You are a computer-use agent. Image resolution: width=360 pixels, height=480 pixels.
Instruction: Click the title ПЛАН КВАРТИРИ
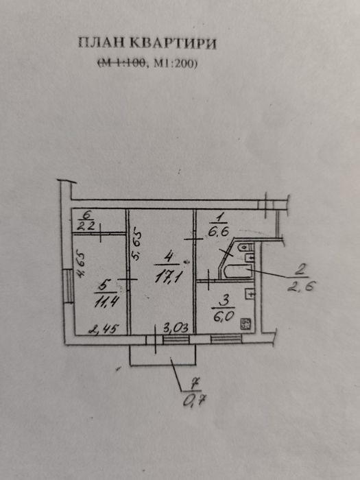[147, 43]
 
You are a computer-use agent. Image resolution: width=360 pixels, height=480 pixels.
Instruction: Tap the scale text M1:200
[174, 63]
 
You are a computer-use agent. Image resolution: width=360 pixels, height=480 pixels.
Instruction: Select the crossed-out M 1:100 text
[121, 63]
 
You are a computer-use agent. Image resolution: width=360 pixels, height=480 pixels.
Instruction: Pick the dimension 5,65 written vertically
[137, 246]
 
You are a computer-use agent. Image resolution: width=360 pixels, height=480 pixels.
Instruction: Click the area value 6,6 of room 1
[219, 232]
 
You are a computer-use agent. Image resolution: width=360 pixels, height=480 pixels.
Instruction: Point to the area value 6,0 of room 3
[223, 315]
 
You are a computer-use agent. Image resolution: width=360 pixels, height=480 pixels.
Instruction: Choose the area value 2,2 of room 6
[86, 226]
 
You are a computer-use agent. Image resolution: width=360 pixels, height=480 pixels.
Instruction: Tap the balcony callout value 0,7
[194, 400]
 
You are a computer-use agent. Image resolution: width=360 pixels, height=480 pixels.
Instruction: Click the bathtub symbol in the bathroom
[238, 272]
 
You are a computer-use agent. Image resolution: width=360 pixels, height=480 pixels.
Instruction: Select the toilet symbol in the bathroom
[245, 247]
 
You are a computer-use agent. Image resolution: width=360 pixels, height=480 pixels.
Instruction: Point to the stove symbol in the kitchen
[245, 324]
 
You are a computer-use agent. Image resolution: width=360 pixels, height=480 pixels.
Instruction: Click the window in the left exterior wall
[69, 286]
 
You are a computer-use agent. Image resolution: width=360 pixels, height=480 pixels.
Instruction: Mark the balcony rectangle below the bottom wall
[163, 355]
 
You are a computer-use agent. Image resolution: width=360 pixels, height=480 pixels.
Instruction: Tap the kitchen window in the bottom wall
[226, 339]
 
